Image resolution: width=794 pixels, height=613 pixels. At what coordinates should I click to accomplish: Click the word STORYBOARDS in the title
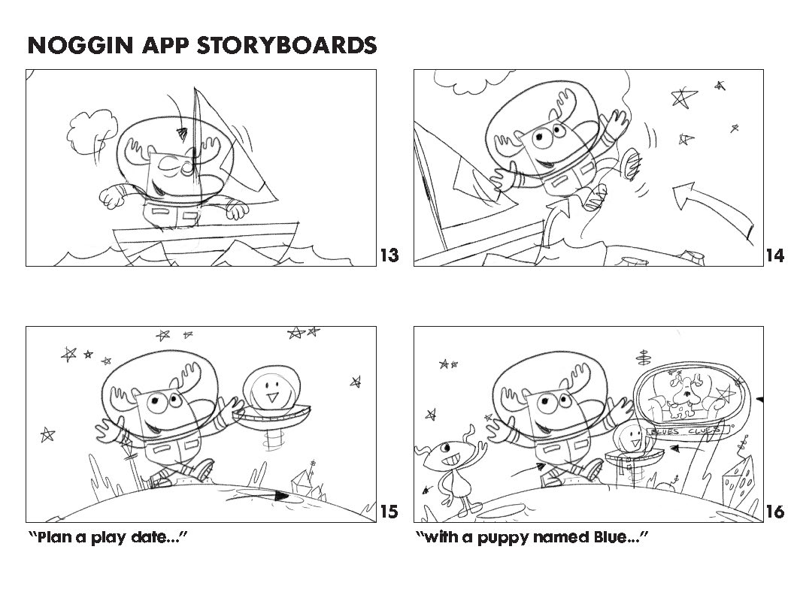286,45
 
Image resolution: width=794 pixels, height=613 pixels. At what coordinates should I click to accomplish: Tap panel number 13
389,255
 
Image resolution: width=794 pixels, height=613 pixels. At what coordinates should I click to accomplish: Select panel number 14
775,255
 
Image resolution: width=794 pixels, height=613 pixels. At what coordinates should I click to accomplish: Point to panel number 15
389,512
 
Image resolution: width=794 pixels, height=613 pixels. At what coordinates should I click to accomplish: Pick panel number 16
775,512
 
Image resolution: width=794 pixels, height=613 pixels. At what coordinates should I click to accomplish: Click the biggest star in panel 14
683,97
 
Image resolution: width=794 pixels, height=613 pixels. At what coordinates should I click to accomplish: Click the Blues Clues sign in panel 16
687,431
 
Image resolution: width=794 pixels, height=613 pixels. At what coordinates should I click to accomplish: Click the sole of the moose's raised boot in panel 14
631,163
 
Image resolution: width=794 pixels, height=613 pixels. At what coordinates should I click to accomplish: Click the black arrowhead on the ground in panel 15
280,496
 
